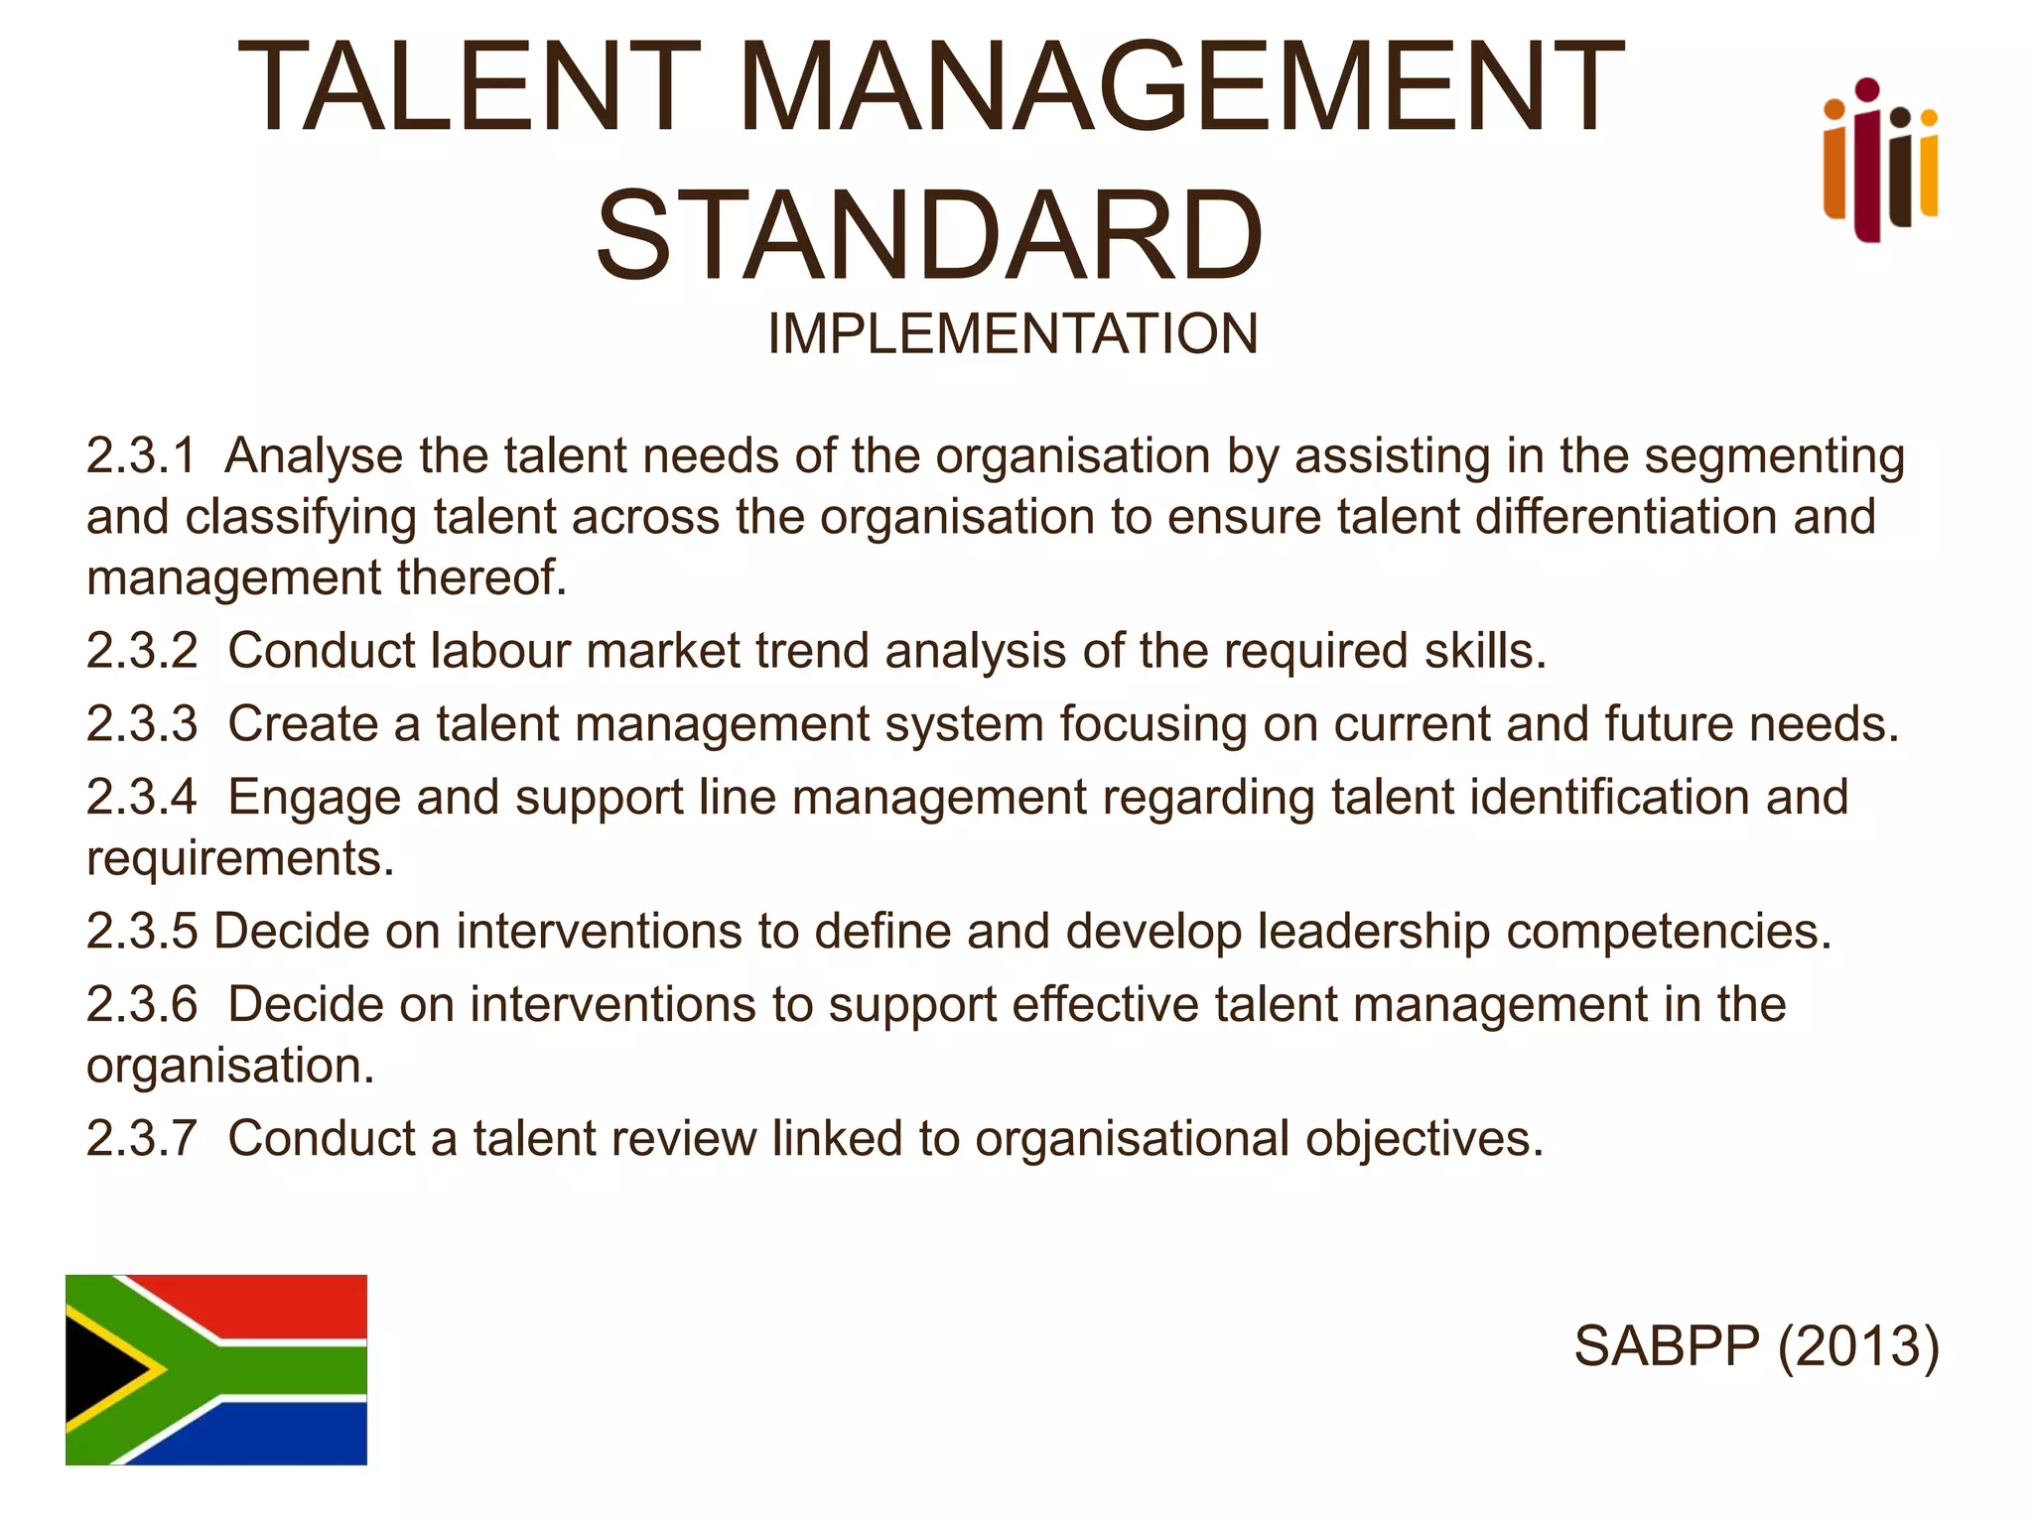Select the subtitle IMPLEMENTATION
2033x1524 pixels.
[1013, 333]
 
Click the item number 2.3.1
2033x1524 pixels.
[141, 456]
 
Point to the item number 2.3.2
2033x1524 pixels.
[142, 651]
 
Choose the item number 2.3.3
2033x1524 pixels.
[142, 723]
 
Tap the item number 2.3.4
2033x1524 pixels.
[142, 797]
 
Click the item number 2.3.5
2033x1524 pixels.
[142, 931]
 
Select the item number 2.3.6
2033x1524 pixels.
[142, 1004]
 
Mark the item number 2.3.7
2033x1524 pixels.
[142, 1138]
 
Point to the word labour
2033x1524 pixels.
[499, 651]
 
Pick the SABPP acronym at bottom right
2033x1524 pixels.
[1667, 1346]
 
